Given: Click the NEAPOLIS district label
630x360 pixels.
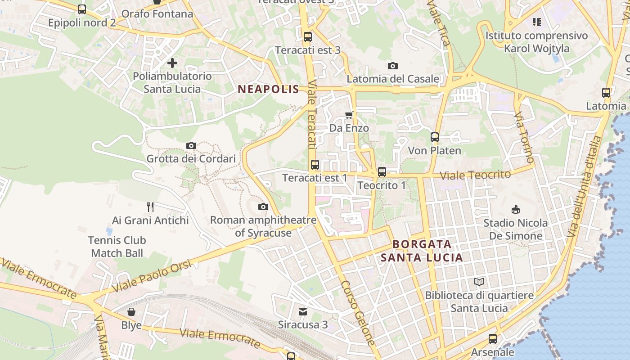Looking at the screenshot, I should point(268,89).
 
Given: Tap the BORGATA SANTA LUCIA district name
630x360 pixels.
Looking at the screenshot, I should point(422,251).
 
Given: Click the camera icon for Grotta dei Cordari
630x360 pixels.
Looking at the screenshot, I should point(191,145).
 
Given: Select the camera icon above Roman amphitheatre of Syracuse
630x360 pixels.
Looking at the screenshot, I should point(263,207).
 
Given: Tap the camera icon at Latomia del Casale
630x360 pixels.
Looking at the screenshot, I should point(393,66).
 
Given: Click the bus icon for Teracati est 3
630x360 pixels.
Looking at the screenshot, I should point(308,37).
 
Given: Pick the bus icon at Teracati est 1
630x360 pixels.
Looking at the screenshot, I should point(315,165).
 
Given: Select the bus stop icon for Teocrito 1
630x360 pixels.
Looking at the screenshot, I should point(382,171).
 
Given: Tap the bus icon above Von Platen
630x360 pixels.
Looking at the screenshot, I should point(435,137).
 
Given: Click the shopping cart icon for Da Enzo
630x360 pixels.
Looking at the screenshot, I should point(349,115).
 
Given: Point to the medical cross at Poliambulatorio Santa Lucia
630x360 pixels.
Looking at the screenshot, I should point(172,63).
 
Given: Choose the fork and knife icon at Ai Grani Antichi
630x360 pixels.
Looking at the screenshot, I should point(150,207).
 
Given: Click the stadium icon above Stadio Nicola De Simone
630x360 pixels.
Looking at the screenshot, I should point(516,209).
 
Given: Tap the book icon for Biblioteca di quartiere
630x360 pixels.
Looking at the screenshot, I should point(480,282).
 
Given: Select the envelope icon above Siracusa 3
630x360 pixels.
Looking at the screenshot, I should point(303,311).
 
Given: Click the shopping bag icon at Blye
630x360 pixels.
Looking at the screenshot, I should point(131,312).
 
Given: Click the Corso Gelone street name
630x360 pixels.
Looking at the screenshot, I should point(357,313).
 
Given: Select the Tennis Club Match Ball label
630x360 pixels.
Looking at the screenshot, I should point(117,247).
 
